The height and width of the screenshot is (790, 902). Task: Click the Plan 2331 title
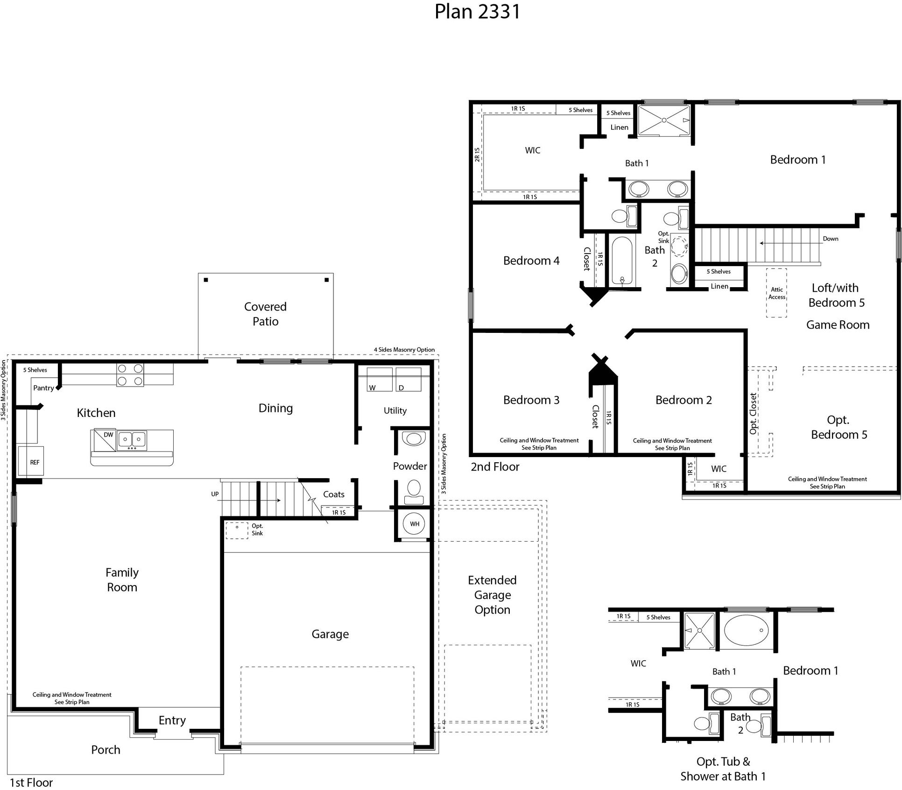[x=477, y=12]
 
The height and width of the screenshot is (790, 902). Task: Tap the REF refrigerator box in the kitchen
[x=31, y=461]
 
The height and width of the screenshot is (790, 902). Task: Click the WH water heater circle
[x=414, y=524]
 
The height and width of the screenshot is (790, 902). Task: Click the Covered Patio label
[x=265, y=314]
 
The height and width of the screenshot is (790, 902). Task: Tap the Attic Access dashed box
[x=776, y=293]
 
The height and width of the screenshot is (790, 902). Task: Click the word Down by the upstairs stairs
[x=830, y=239]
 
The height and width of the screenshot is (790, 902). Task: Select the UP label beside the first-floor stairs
[x=215, y=494]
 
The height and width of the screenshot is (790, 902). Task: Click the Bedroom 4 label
[x=531, y=261]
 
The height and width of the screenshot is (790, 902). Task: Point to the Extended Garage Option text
[x=492, y=595]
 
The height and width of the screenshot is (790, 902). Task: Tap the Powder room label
[x=409, y=466]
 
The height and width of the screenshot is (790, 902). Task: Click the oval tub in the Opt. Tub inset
[x=746, y=630]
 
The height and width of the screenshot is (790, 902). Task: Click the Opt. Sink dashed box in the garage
[x=237, y=530]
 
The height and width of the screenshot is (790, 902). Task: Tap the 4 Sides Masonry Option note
[x=404, y=350]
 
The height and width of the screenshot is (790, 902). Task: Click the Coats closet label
[x=333, y=494]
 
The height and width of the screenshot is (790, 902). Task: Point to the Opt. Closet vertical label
[x=753, y=414]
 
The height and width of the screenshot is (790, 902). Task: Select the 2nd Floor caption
[x=494, y=467]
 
